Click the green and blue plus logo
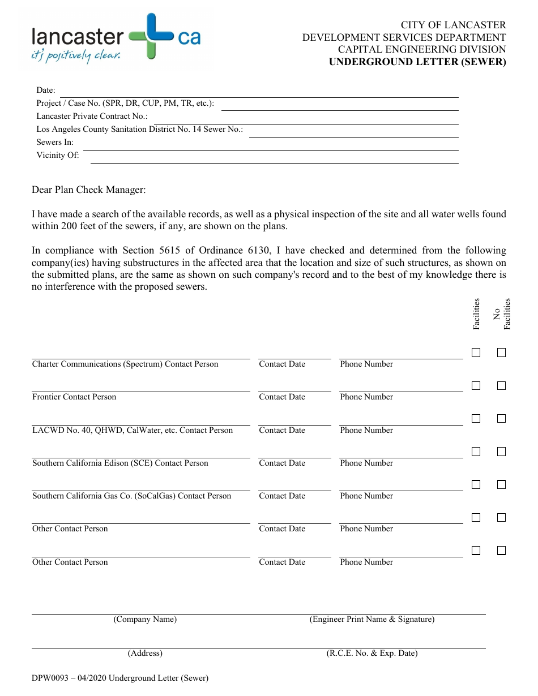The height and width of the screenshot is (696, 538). [151, 36]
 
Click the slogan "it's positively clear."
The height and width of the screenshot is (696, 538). [76, 55]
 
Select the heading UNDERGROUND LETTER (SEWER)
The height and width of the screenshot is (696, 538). [417, 62]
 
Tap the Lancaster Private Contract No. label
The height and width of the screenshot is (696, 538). [92, 116]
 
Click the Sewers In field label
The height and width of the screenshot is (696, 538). [55, 142]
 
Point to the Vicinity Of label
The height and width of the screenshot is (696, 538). [58, 155]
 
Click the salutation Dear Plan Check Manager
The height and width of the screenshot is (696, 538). [89, 190]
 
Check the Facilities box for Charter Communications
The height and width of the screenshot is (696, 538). [476, 353]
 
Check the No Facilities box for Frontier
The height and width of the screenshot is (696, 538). [501, 385]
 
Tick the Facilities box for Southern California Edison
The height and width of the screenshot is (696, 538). [476, 452]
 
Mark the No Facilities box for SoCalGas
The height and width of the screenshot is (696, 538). [501, 484]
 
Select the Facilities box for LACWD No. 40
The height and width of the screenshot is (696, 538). [476, 419]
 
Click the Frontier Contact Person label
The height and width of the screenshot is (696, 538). [74, 397]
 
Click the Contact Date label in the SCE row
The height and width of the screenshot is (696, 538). [282, 463]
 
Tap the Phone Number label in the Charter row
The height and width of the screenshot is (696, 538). [366, 364]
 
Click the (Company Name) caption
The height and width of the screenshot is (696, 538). [145, 619]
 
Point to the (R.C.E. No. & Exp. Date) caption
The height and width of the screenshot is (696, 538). [372, 653]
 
